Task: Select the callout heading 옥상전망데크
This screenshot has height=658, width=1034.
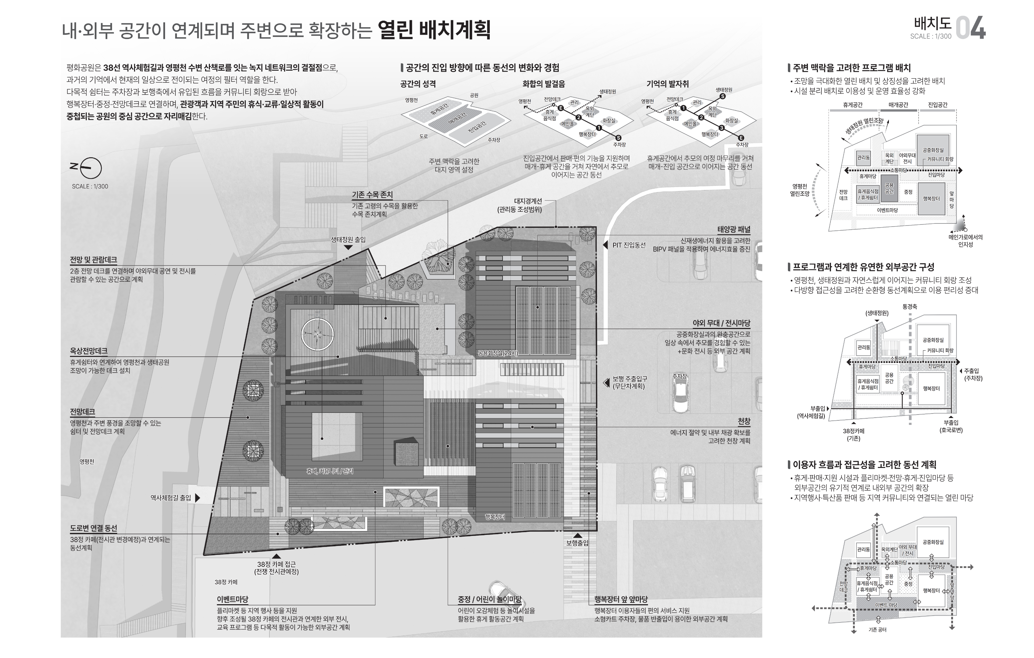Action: click(x=89, y=351)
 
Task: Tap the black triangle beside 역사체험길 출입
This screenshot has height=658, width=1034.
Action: click(x=197, y=498)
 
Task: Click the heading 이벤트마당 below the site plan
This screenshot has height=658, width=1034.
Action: click(x=232, y=599)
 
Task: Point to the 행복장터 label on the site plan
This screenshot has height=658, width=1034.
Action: click(x=495, y=517)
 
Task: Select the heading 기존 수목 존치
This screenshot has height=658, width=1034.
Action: click(x=372, y=195)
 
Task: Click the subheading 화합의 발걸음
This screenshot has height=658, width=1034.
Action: click(x=544, y=84)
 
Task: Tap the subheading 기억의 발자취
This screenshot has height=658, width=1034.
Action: click(x=667, y=84)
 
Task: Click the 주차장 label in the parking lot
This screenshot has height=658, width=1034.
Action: click(x=679, y=376)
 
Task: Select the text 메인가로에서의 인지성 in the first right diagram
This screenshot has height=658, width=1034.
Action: click(x=965, y=241)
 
